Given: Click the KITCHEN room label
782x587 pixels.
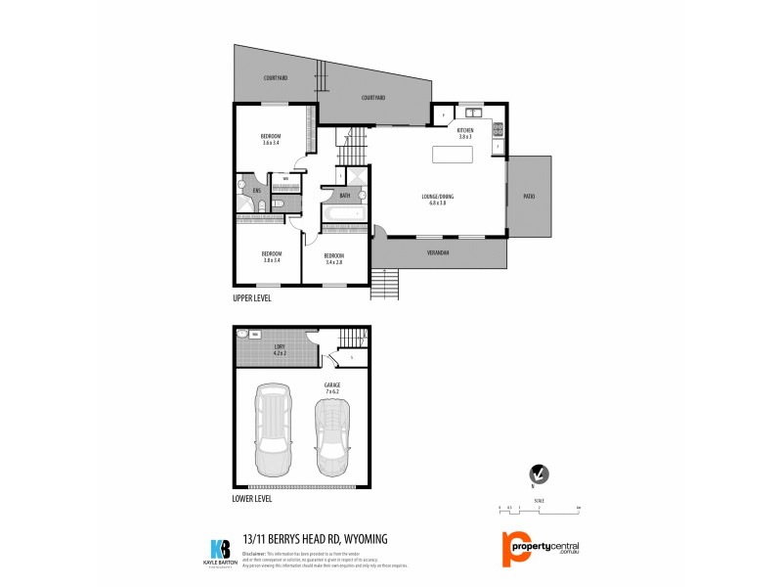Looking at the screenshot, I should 465,130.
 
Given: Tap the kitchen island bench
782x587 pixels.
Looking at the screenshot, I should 454,155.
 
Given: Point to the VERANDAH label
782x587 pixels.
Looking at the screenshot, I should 438,253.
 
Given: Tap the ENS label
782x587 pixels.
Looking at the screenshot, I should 256,190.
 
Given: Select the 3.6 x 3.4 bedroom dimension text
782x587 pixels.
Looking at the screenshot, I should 271,143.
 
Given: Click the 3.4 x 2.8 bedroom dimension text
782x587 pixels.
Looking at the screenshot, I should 334,262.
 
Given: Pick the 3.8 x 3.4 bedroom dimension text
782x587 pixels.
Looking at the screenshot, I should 271,260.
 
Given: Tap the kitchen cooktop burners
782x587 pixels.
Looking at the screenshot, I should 498,128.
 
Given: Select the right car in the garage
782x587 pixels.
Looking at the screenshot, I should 332,428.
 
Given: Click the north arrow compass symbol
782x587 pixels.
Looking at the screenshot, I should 537,474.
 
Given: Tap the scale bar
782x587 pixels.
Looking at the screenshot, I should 538,507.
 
